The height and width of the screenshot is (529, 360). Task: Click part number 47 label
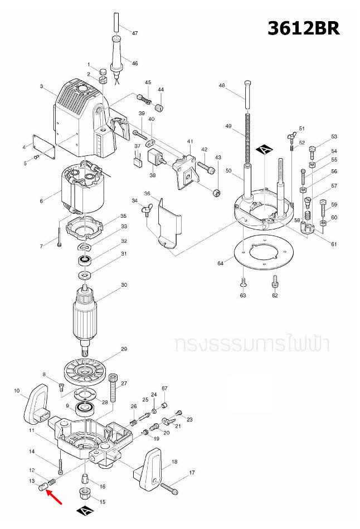pos(134,33)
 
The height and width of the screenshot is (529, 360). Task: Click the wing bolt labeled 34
pos(145,210)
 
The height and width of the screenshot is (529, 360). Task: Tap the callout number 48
pos(222,86)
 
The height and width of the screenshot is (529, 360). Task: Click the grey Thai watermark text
pos(251,344)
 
